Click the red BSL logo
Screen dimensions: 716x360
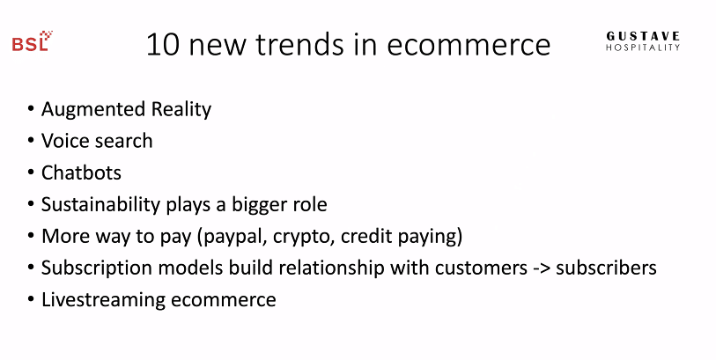(x=33, y=41)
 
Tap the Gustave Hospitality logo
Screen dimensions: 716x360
(x=643, y=41)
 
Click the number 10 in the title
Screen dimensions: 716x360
(x=163, y=45)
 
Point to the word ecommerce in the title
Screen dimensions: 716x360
(x=469, y=46)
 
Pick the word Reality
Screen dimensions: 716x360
(x=181, y=109)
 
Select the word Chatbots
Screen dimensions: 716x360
(x=81, y=173)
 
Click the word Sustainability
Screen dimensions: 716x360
(x=100, y=204)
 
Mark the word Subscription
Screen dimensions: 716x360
(x=97, y=268)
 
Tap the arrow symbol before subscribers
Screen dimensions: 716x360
(x=541, y=268)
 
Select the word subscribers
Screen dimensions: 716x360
(x=606, y=268)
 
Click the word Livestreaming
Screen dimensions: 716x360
(x=103, y=300)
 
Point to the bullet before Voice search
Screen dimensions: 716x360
(x=31, y=141)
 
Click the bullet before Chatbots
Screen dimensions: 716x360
(x=31, y=173)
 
